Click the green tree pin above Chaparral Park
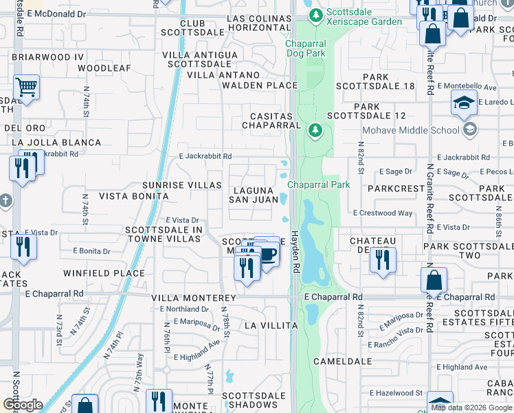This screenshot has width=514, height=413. click(x=315, y=130)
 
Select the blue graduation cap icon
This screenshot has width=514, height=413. click(x=464, y=103)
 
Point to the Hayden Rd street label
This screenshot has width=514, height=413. click(x=297, y=250)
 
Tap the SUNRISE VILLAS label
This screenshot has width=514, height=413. click(x=181, y=185)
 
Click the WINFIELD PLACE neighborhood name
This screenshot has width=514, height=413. click(x=104, y=273)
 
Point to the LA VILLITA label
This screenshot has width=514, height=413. click(x=271, y=325)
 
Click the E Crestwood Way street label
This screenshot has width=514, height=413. click(x=383, y=213)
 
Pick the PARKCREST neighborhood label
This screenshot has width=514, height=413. click(x=396, y=188)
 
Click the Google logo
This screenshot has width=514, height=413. click(x=23, y=405)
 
